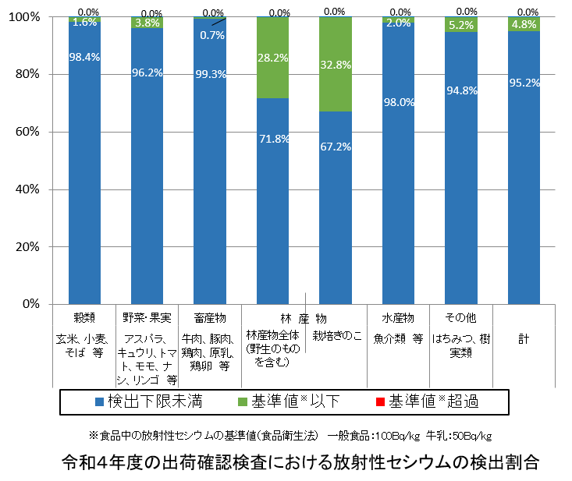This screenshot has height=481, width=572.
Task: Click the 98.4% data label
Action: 84,57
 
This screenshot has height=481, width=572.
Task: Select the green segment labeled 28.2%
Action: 273,56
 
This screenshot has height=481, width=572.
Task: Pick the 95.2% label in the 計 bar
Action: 524,83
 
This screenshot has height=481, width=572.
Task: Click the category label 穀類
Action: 84,318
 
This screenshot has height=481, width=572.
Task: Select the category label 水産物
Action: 398,318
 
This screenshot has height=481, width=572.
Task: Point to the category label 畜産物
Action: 210,318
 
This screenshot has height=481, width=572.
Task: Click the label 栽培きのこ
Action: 337,336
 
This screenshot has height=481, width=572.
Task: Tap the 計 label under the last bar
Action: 524,338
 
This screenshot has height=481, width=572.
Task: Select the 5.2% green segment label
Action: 461,25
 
